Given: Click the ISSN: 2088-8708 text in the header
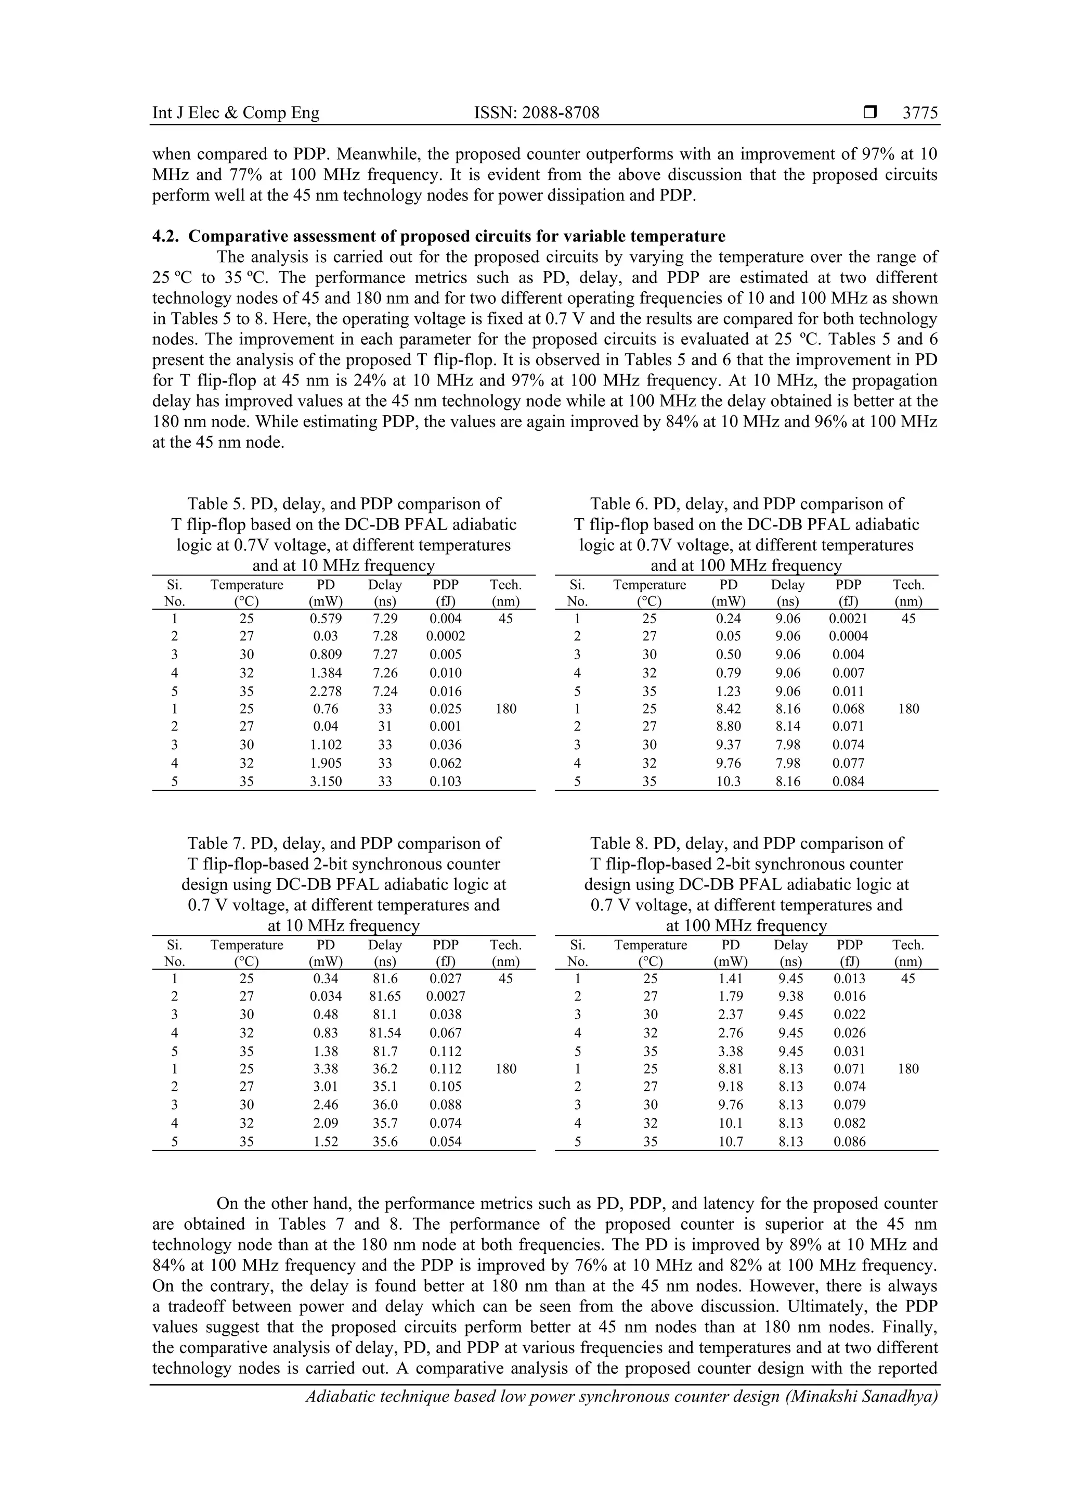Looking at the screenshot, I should click(x=537, y=113).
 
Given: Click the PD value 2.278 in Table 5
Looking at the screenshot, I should click(x=326, y=691).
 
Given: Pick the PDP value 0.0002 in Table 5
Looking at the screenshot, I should click(x=446, y=636).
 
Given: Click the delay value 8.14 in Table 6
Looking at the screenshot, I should click(x=787, y=726).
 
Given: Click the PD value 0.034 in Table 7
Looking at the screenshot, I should click(x=326, y=996).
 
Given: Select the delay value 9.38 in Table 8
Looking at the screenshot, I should click(x=790, y=996).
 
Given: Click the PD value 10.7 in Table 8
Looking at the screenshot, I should click(x=730, y=1141).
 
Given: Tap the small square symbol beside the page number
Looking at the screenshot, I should click(x=870, y=113).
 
